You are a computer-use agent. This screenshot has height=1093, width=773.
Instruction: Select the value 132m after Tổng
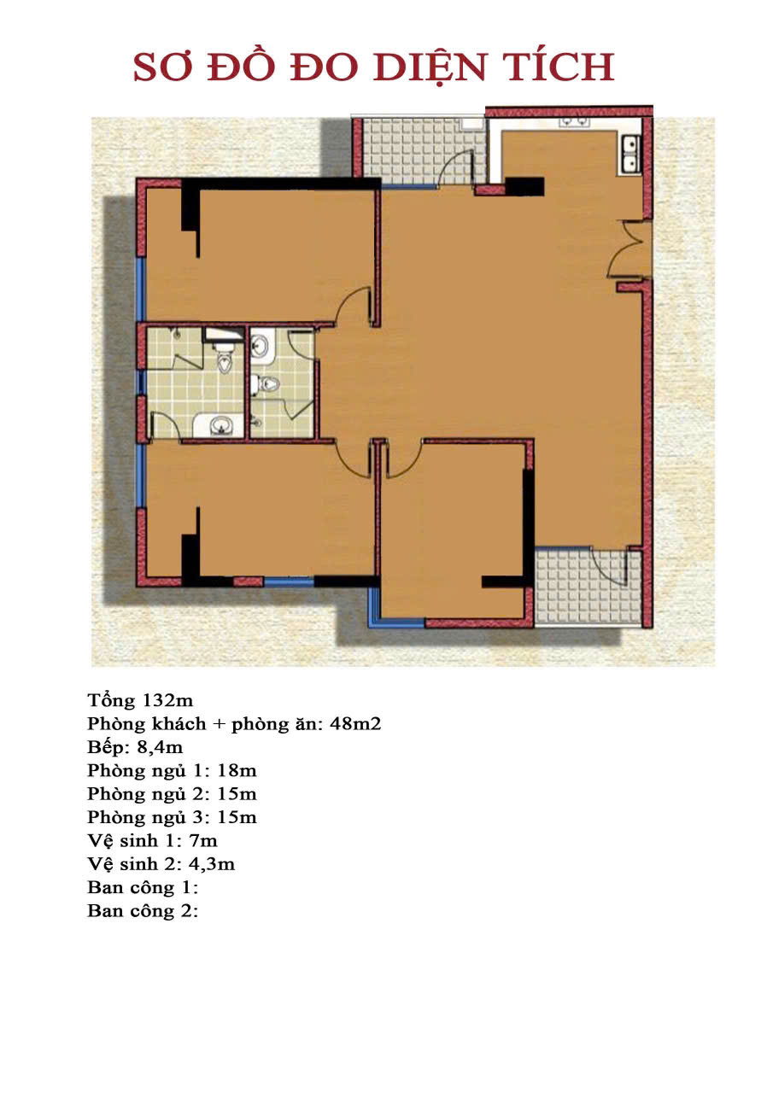point(167,701)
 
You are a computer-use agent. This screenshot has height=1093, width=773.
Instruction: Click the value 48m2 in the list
point(355,724)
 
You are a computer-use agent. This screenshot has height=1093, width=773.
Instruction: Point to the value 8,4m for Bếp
point(160,747)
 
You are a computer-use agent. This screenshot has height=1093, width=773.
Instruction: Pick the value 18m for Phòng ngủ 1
point(237,771)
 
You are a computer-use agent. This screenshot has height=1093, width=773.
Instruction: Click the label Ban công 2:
point(143,911)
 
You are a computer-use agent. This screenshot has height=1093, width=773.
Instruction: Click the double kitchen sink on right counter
point(630,152)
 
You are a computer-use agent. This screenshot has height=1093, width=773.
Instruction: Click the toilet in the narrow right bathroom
point(264,384)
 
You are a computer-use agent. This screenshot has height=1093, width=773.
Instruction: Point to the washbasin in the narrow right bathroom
point(261,348)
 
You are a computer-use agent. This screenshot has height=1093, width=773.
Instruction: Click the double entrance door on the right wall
point(630,250)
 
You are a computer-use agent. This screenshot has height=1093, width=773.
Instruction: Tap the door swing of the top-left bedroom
point(354,306)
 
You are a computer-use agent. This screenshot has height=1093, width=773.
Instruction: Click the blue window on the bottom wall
point(289,582)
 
